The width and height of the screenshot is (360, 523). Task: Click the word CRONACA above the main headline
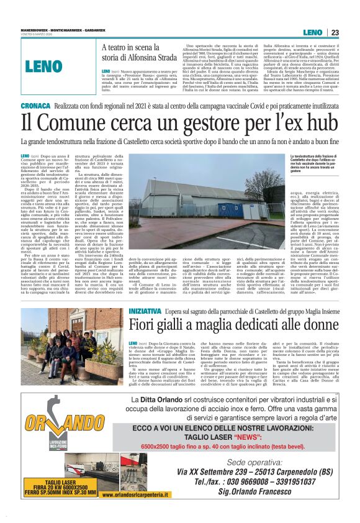point(34,107)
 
